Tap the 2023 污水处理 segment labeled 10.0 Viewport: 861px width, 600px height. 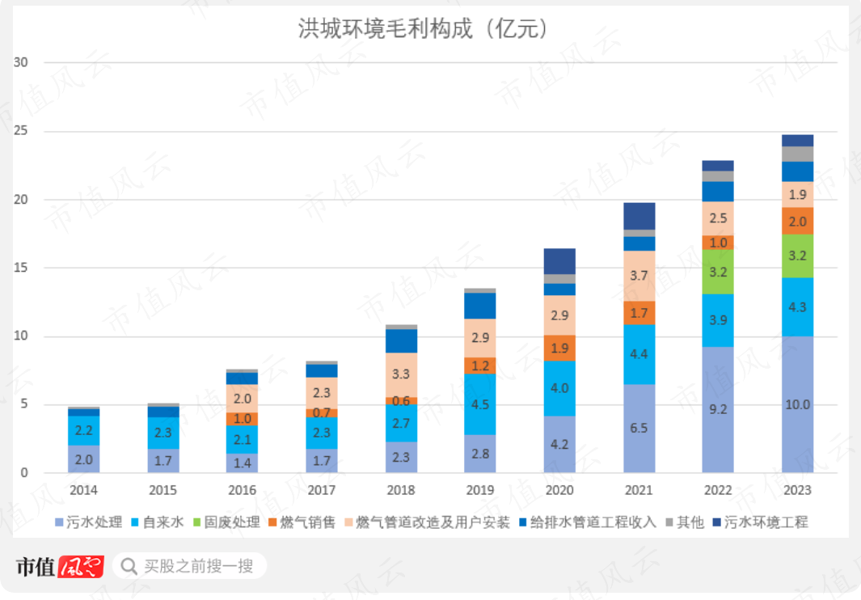pos(798,404)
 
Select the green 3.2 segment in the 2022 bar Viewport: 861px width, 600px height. pos(718,272)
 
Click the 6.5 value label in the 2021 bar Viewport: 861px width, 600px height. pos(639,428)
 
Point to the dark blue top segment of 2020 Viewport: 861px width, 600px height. pos(559,261)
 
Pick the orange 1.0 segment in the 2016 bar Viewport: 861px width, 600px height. pos(242,419)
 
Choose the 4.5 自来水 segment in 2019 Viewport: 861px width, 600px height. pos(480,404)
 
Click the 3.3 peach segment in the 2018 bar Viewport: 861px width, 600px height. pos(401,374)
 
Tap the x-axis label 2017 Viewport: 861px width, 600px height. pos(321,490)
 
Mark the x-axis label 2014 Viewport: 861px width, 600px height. pos(83,490)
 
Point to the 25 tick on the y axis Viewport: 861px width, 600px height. pos(22,131)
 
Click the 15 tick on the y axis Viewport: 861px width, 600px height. pos(22,268)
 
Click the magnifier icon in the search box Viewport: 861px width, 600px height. pos(129,566)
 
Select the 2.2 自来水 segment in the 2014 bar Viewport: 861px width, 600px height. pos(83,430)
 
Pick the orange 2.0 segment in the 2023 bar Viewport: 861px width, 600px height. pos(798,222)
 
